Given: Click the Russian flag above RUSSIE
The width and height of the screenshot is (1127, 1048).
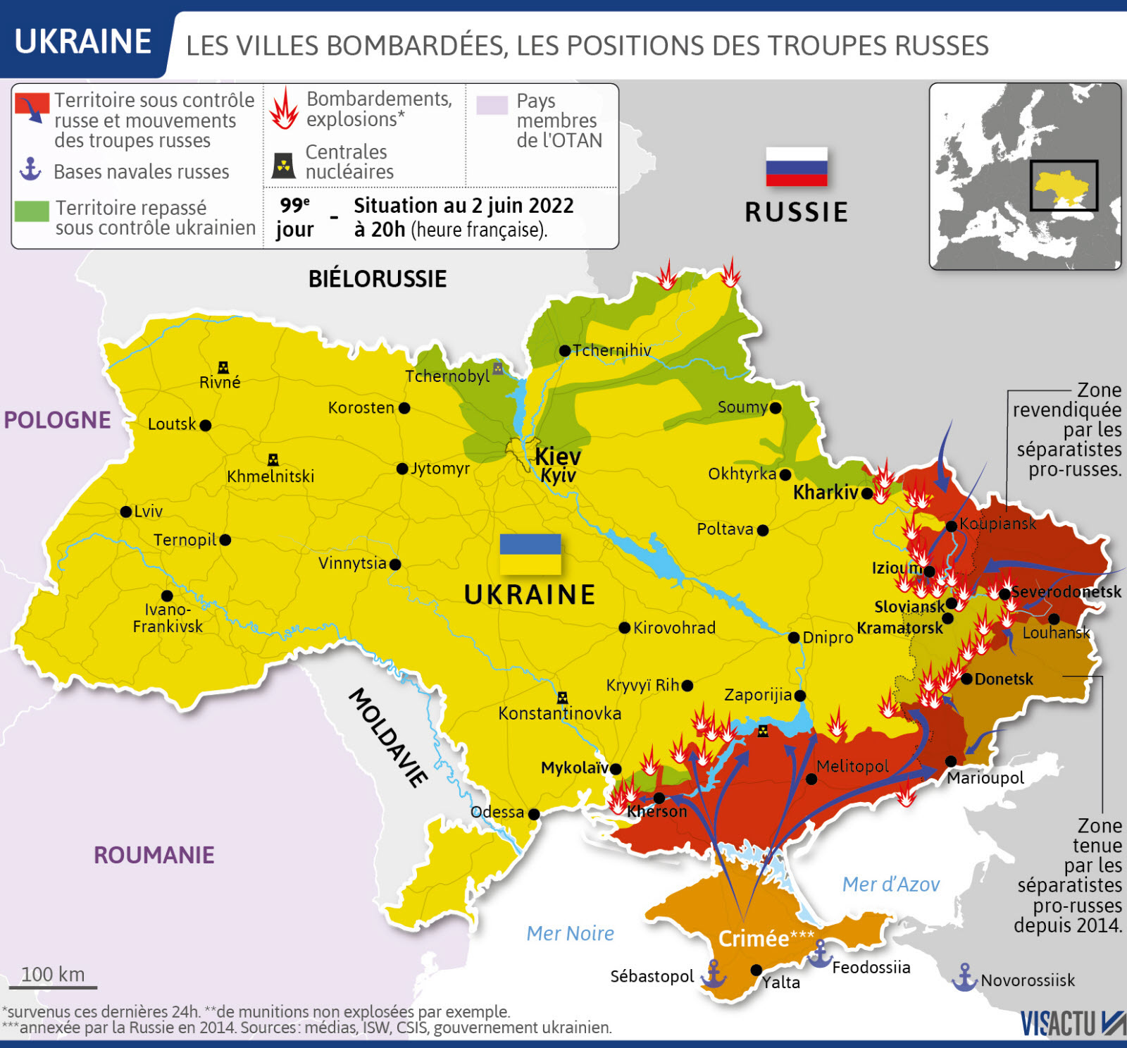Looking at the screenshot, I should click(x=796, y=166).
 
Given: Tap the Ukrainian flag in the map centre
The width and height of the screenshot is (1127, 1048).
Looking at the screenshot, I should click(x=530, y=554).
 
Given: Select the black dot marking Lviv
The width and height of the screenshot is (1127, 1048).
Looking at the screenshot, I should click(x=126, y=512).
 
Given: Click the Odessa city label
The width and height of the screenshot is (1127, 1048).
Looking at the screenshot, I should click(x=497, y=812).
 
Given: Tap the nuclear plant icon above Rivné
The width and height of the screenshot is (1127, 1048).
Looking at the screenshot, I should click(x=223, y=367).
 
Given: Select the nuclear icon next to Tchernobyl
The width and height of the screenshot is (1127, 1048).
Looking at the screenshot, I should click(x=498, y=368).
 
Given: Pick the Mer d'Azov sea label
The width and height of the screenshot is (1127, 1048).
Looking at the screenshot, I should click(x=891, y=884).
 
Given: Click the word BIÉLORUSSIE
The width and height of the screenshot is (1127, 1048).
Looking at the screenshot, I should click(x=378, y=279).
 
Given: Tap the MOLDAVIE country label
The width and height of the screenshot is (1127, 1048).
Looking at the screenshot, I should click(x=388, y=736).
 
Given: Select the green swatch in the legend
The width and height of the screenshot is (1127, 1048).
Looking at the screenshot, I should click(x=32, y=211).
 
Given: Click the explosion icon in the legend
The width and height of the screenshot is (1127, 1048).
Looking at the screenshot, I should click(x=284, y=109).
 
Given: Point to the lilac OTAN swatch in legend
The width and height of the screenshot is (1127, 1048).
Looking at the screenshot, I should click(x=492, y=105).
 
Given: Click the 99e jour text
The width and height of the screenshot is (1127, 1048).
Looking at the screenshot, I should click(x=295, y=217).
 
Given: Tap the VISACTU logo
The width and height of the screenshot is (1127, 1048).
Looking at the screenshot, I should click(x=1071, y=1023).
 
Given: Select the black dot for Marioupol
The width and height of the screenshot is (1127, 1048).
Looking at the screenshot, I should click(x=951, y=761).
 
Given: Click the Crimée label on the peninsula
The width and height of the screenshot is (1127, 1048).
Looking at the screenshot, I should click(x=754, y=939).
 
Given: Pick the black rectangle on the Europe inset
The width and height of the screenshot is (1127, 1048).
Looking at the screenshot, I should click(x=1064, y=185).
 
